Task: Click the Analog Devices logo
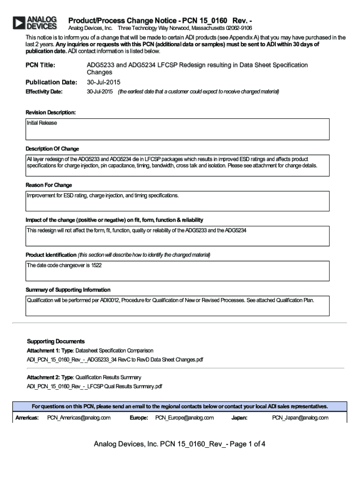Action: [35, 22]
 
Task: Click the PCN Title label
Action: [40, 65]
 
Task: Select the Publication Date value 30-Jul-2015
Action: [103, 82]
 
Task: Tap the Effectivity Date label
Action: [44, 92]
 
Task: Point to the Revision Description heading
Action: [50, 113]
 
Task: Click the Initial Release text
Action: [42, 123]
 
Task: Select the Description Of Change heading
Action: [52, 149]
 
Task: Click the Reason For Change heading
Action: [49, 185]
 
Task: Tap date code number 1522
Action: [96, 266]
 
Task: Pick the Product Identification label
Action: [51, 255]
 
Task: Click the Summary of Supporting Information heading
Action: [68, 290]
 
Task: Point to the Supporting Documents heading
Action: [56, 341]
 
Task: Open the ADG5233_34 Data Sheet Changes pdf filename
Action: [115, 360]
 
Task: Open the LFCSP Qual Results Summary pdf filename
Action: [94, 386]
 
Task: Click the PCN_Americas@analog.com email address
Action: [79, 418]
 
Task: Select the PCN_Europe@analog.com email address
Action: [184, 418]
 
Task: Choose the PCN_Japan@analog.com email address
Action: [300, 418]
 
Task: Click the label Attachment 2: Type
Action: [50, 377]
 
